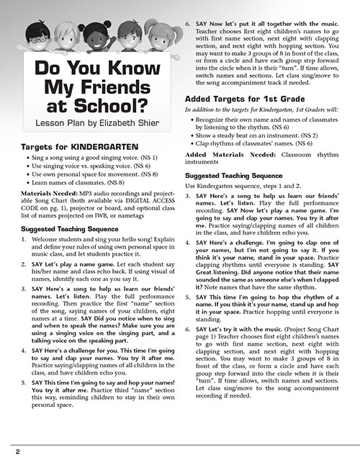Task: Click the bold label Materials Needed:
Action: pyautogui.click(x=45, y=194)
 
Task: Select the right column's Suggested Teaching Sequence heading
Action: pyautogui.click(x=234, y=175)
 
